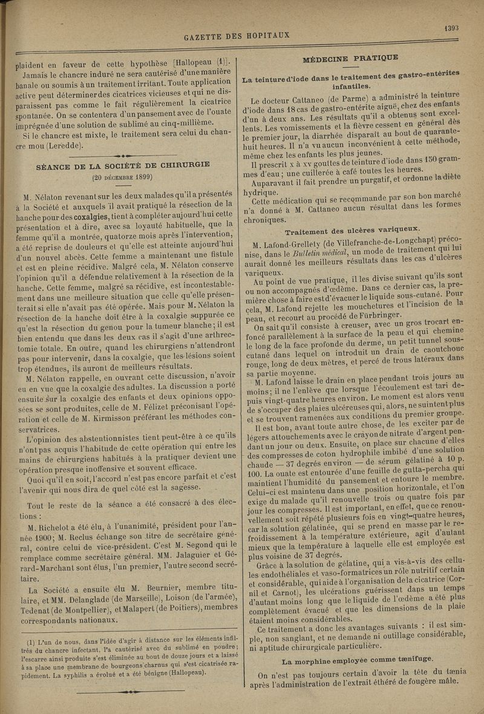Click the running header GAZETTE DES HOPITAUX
[x=237, y=36]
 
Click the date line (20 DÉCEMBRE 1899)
[x=122, y=177]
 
